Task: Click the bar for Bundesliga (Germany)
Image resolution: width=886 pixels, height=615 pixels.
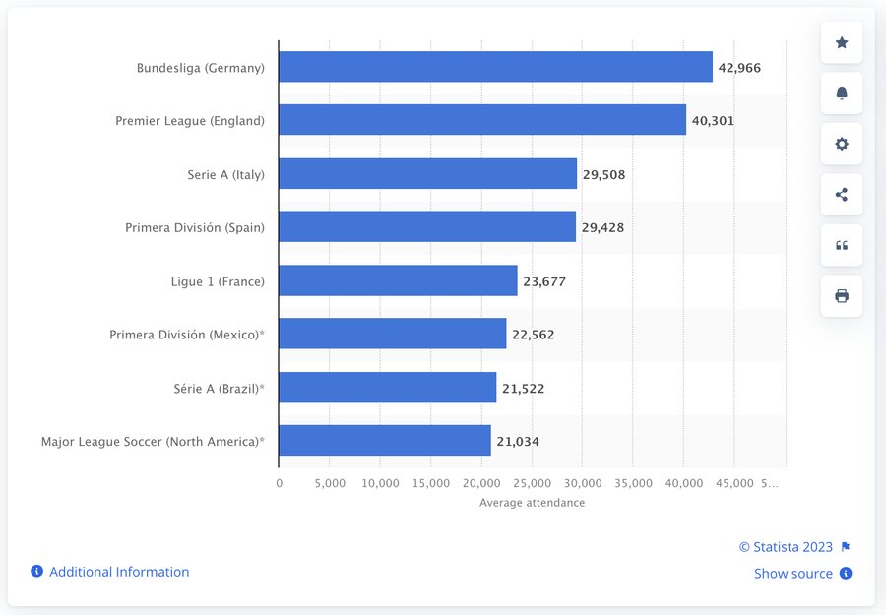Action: click(495, 67)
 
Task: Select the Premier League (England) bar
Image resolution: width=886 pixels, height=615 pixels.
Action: click(482, 120)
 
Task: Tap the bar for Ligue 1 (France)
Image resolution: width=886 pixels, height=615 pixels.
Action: click(398, 280)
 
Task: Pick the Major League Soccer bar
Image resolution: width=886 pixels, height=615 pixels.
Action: click(385, 441)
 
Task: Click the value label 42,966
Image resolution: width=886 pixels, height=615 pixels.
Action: click(739, 68)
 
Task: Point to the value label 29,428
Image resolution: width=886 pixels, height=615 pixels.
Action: click(602, 227)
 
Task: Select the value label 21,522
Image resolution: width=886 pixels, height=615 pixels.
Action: click(523, 389)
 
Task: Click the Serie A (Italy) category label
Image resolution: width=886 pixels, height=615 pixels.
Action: click(225, 174)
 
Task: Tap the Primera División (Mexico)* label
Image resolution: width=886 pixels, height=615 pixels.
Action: click(187, 335)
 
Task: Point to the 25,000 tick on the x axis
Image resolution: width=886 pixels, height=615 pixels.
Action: click(533, 483)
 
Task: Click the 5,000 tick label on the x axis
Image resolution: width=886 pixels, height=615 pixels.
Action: click(330, 483)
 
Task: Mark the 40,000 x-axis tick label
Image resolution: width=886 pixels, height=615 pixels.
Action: click(684, 483)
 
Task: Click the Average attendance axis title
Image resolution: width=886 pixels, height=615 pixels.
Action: click(532, 503)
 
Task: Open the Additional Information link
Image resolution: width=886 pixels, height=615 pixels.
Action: click(119, 572)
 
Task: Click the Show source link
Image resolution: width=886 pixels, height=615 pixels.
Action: click(793, 574)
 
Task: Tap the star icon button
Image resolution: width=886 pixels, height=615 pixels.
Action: click(842, 42)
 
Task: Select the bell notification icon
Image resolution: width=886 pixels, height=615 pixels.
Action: click(842, 93)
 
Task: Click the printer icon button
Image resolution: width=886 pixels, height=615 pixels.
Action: click(842, 295)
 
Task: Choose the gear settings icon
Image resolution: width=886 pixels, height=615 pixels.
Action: click(842, 144)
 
